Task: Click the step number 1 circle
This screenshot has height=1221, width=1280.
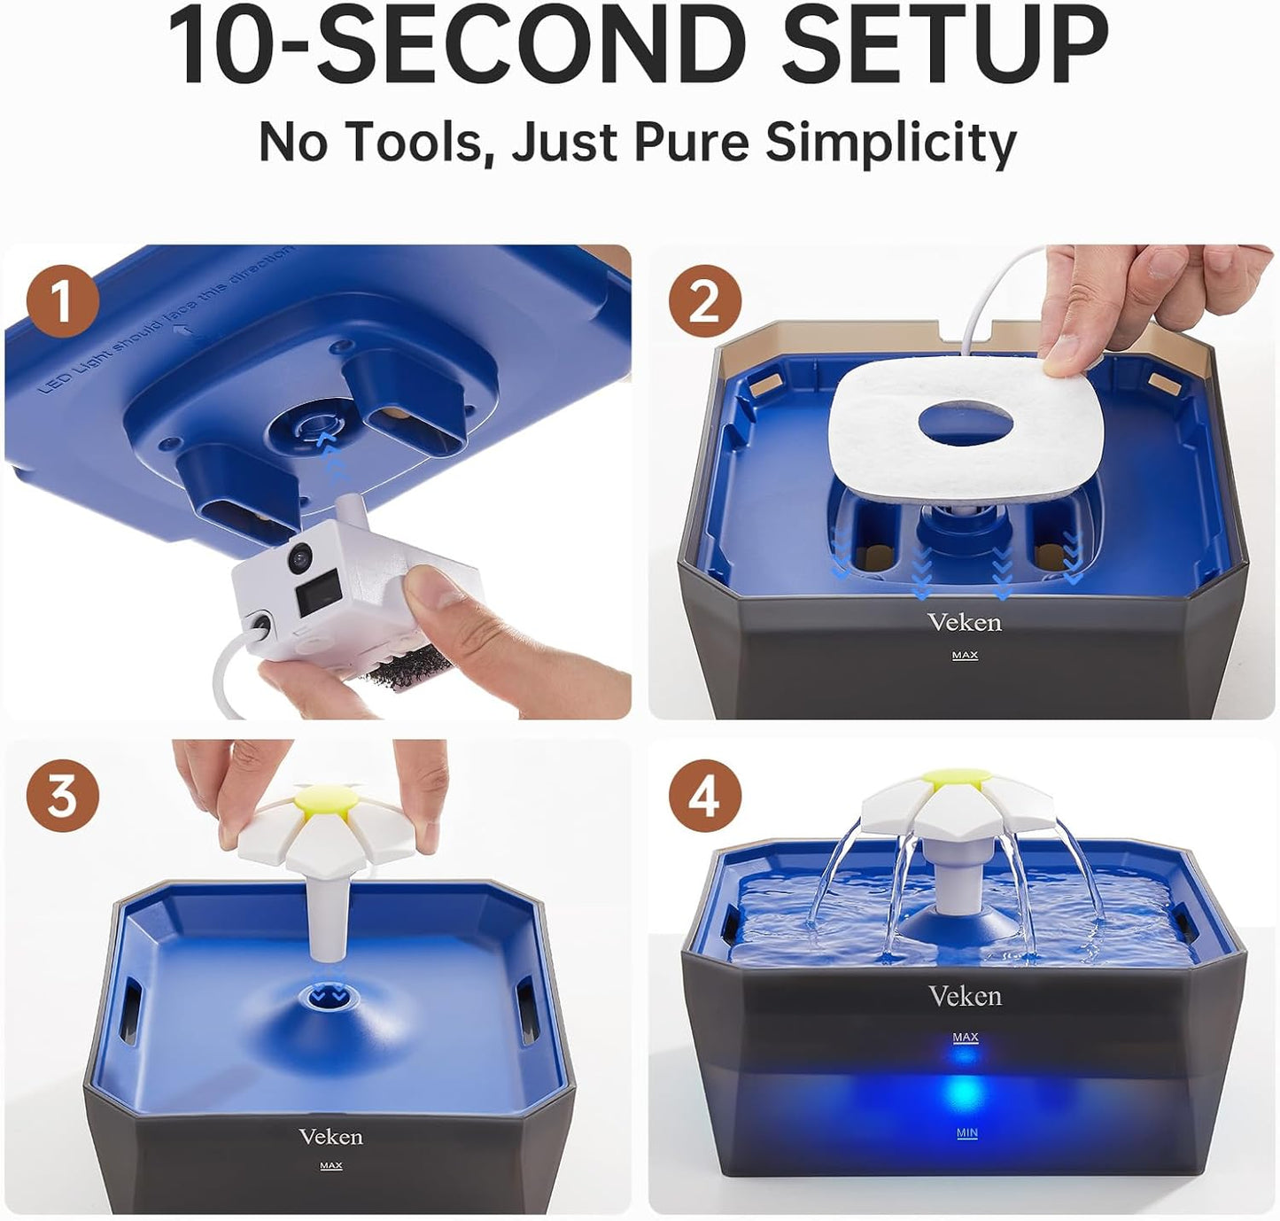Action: [x=62, y=301]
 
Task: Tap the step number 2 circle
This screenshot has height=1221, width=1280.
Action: [x=704, y=301]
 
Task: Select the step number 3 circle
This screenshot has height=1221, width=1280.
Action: [x=62, y=795]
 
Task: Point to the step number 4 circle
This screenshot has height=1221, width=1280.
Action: [x=704, y=795]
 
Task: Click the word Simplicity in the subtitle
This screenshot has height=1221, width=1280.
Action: [x=890, y=142]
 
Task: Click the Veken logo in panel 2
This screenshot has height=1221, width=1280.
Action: [x=965, y=623]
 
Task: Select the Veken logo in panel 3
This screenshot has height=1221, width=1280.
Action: [x=330, y=1137]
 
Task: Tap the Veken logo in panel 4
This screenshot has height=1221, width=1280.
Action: [x=965, y=997]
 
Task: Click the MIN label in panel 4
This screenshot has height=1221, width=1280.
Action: [x=966, y=1133]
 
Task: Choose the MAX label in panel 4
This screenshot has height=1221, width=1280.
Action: [x=966, y=1037]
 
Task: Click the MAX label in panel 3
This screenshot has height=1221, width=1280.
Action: [x=330, y=1166]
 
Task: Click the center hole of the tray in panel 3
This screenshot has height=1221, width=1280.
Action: [x=328, y=996]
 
